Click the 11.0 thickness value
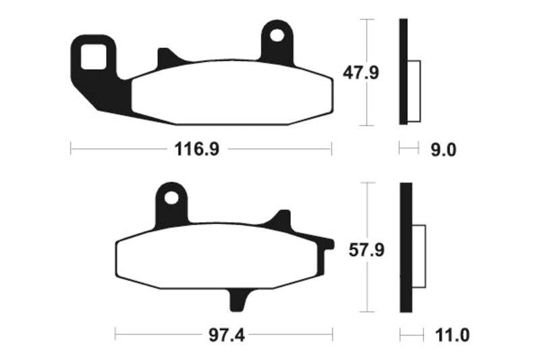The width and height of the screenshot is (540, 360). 448,334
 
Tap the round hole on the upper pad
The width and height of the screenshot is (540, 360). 277,33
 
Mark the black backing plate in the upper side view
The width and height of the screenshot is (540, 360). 404,72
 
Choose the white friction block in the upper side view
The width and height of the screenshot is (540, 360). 414,91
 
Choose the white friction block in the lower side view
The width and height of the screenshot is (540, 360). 418,257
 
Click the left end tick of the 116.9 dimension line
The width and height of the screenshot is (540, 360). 71,149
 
